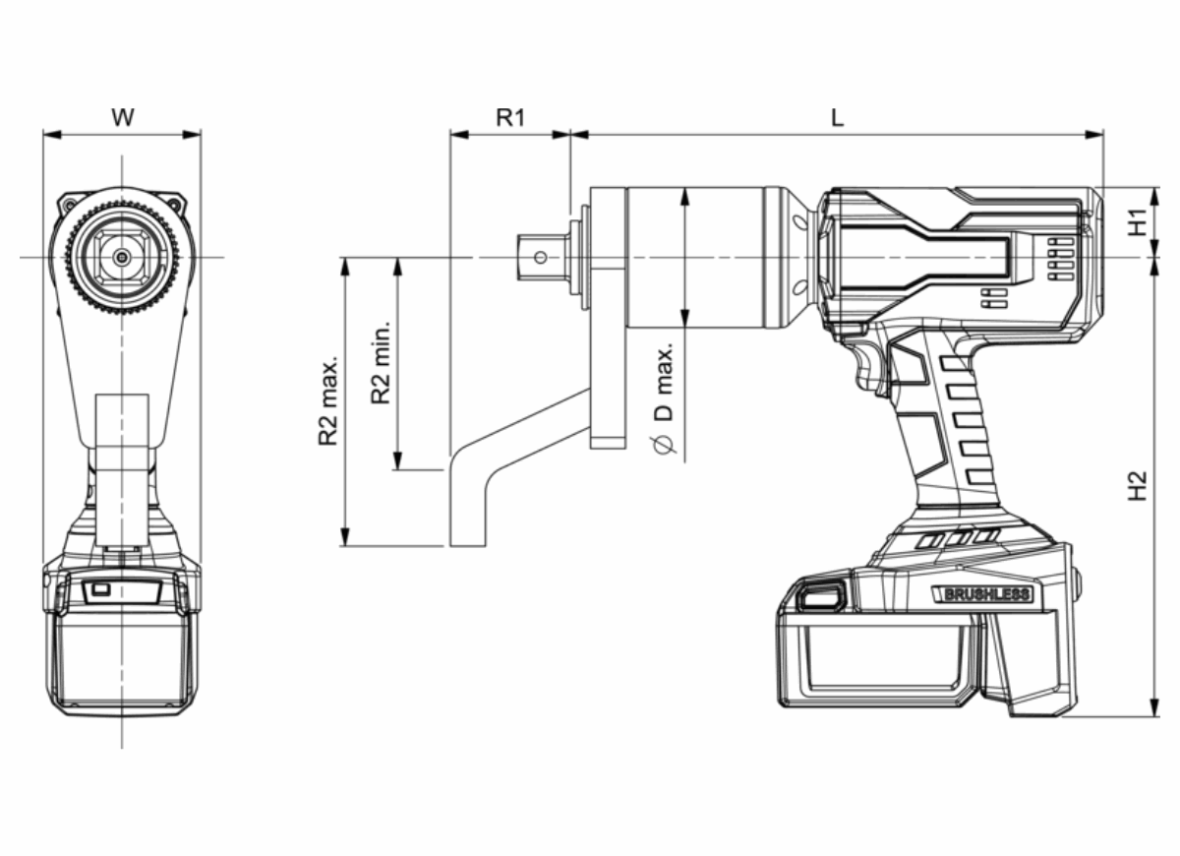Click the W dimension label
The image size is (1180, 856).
point(122,118)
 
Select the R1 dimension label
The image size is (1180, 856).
point(509,118)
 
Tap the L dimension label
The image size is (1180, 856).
point(836,118)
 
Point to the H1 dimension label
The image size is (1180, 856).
point(1138,221)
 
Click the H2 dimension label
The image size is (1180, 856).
point(1138,486)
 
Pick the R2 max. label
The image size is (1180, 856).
point(328,401)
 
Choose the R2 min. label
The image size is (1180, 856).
point(381,362)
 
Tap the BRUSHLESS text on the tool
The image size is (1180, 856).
point(986,594)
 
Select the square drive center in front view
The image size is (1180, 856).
point(121,258)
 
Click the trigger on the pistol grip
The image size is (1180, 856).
point(871,369)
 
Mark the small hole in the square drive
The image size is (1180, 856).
point(539,258)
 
